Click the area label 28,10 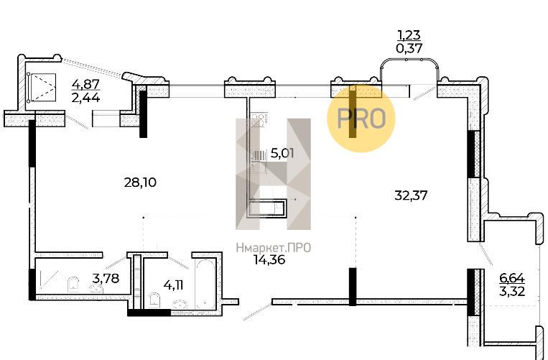coord(140,183)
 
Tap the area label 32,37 coord(411,195)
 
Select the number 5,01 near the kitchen coord(282,154)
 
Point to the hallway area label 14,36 coord(269,260)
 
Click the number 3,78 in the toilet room coord(106,279)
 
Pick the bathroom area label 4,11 coord(173,285)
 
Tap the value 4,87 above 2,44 coord(86,84)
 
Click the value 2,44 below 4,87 coord(86,98)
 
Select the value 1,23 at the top coord(409,35)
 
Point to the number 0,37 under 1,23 coord(409,48)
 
